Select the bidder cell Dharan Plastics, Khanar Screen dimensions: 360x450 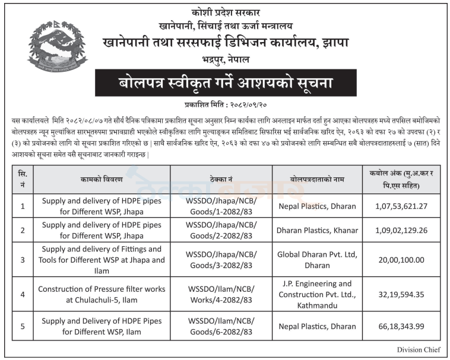[x=317, y=230]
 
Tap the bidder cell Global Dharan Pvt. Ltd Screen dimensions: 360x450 [x=317, y=260]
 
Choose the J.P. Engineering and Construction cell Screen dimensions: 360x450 [x=317, y=294]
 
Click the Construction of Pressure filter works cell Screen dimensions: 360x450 [x=101, y=294]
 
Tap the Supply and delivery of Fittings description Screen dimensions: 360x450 [x=101, y=260]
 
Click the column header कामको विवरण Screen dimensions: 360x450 [x=101, y=179]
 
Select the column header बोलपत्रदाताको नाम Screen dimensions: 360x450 [x=317, y=179]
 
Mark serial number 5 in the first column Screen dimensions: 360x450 [x=23, y=326]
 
